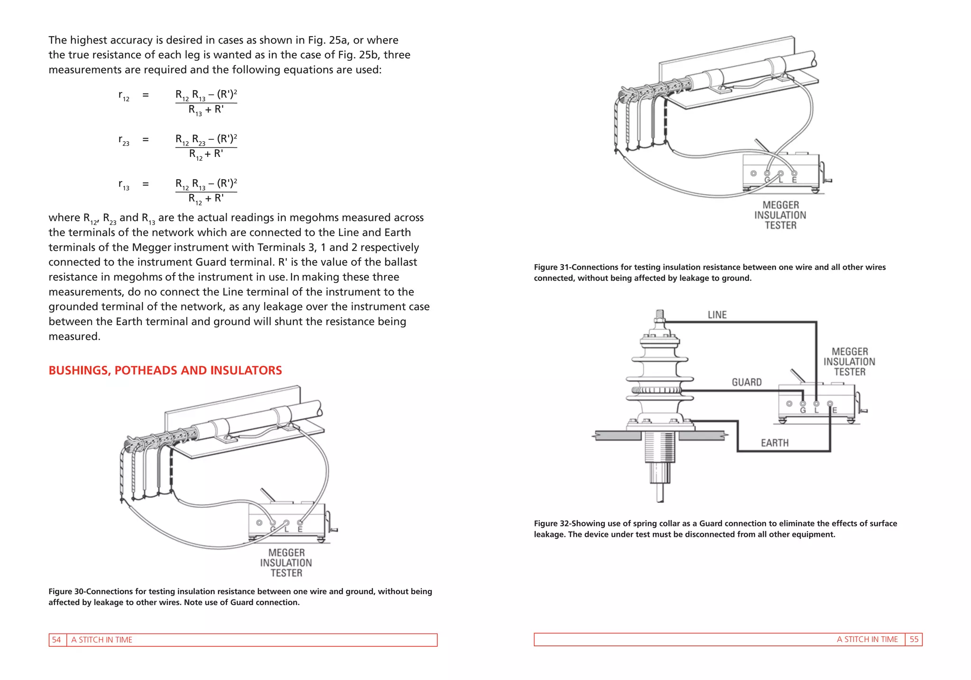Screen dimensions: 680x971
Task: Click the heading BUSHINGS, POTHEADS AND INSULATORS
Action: point(165,370)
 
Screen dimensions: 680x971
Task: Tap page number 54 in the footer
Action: point(56,640)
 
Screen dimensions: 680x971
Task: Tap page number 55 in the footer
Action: point(914,639)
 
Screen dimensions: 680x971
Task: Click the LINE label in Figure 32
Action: point(717,315)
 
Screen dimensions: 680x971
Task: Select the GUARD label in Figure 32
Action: point(747,382)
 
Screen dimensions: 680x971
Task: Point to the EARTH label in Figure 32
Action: point(775,443)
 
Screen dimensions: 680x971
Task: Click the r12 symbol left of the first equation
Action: point(124,96)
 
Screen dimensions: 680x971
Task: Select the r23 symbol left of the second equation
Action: point(124,140)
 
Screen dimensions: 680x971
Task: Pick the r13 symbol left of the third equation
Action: point(124,185)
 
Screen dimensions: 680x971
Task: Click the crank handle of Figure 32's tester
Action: point(861,404)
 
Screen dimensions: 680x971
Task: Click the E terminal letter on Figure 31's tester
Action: point(795,180)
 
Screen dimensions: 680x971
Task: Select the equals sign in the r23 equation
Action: point(146,139)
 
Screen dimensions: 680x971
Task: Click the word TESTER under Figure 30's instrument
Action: point(286,573)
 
